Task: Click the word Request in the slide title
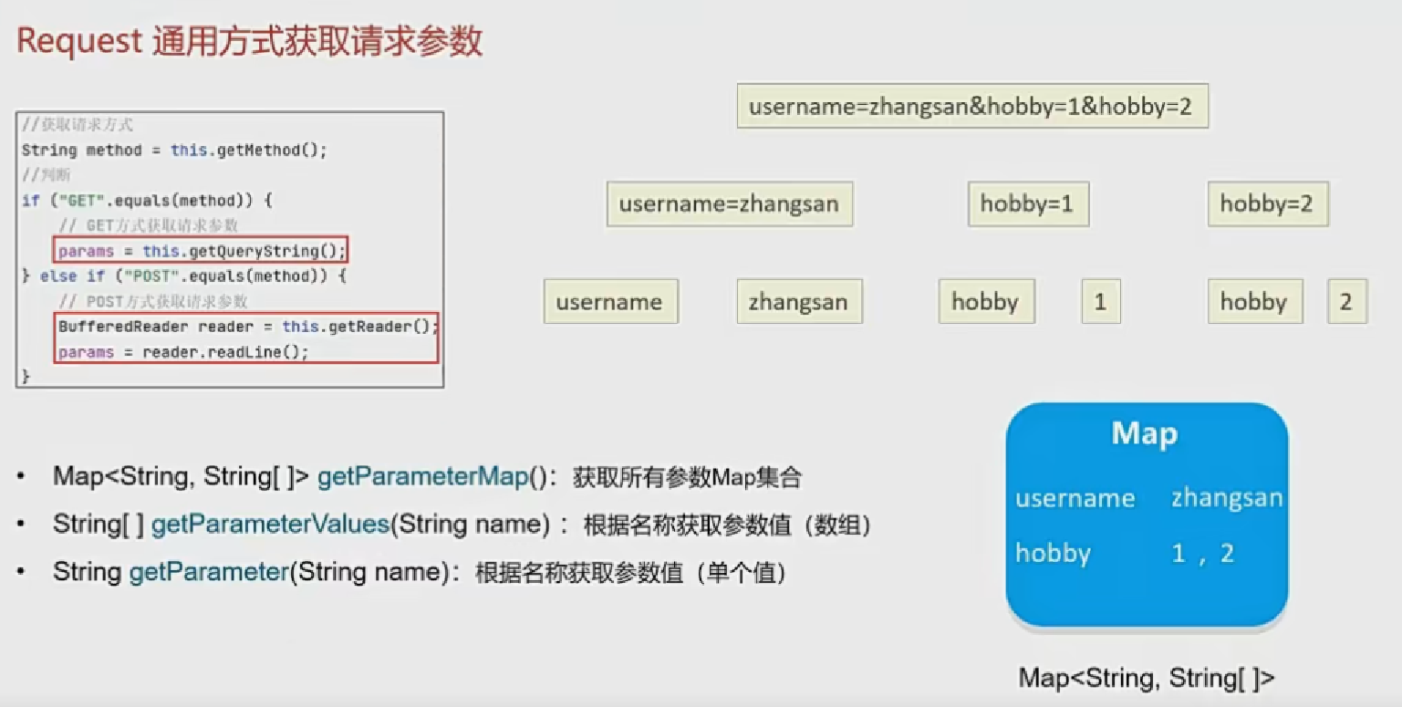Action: pyautogui.click(x=79, y=42)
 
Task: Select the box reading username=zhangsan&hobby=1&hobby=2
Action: pyautogui.click(x=971, y=107)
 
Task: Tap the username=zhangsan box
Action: pyautogui.click(x=729, y=203)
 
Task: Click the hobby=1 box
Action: pyautogui.click(x=1027, y=203)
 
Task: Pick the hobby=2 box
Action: pyautogui.click(x=1267, y=203)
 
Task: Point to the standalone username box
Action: pyautogui.click(x=609, y=302)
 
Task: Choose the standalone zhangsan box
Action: pyautogui.click(x=798, y=302)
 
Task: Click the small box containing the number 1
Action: pyautogui.click(x=1100, y=302)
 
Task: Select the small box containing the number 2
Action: pyautogui.click(x=1345, y=302)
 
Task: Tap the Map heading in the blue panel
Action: pyautogui.click(x=1145, y=434)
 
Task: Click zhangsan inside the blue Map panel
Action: pyautogui.click(x=1227, y=498)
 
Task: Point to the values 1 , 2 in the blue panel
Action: pyautogui.click(x=1203, y=554)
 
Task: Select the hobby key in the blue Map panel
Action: pyautogui.click(x=1053, y=554)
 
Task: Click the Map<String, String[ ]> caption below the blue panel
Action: pyautogui.click(x=1147, y=678)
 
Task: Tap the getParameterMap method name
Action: pyautogui.click(x=423, y=477)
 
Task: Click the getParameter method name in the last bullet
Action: pyautogui.click(x=209, y=572)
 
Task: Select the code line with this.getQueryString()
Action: pyautogui.click(x=202, y=251)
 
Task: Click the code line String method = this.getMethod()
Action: pyautogui.click(x=173, y=151)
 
